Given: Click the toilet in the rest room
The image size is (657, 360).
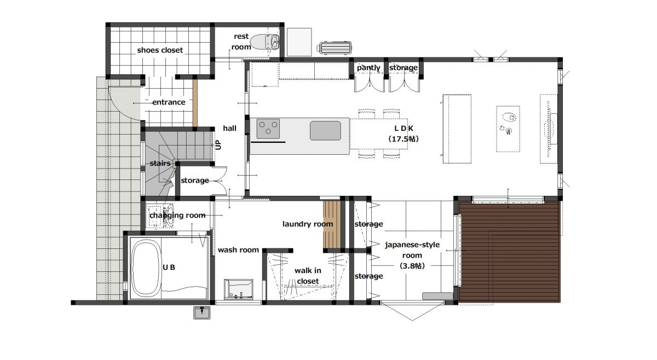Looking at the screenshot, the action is tap(265, 42).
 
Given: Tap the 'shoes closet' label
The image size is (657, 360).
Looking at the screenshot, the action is tap(160, 50).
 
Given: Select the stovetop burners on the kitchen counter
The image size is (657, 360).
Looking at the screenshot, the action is tap(268, 129).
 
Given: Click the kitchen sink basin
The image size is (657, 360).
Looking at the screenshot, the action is tap(326, 130).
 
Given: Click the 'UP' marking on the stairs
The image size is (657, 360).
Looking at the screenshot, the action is tap(218, 144).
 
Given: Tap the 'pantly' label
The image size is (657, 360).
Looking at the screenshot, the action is tap(368, 68).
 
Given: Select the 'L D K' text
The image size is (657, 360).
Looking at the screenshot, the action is tap(404, 128).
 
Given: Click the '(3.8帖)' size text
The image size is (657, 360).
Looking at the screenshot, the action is tap(412, 266).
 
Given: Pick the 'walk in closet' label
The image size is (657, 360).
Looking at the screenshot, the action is tap(308, 276).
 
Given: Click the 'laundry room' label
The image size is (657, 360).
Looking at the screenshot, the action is tap(308, 224).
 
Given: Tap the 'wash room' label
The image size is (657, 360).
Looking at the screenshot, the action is tap(238, 250).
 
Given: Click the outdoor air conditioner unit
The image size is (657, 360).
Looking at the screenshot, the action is tap(334, 48).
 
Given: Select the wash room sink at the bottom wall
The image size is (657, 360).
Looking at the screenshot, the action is tap(239, 289).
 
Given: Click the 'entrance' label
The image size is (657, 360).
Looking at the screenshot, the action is tap(169, 102).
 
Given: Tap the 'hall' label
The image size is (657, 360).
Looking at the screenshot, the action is tap(229, 128).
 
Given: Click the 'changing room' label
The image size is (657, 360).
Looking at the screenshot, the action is tap(177, 216).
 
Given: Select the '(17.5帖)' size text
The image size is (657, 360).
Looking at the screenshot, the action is tap(404, 138).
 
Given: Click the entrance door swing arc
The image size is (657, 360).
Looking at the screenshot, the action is tap(117, 107).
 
